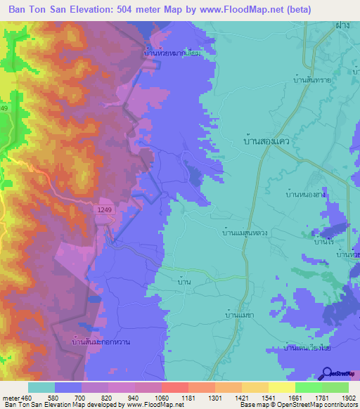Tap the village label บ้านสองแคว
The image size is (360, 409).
[x=265, y=141]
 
